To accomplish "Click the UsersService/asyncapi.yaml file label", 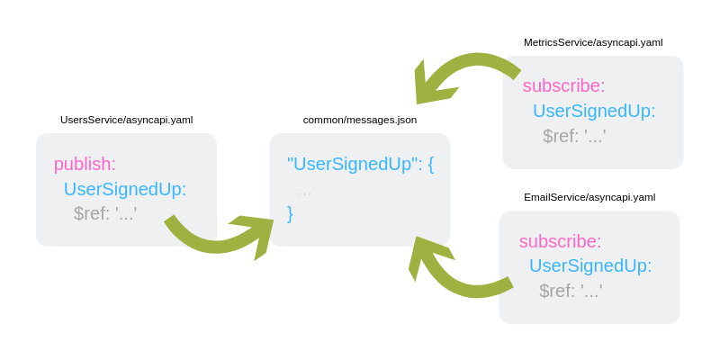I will [x=126, y=120].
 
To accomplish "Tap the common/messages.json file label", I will [x=359, y=120].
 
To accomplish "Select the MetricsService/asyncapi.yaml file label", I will [x=593, y=42].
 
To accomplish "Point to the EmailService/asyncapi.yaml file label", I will [x=589, y=197].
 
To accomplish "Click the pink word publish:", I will [x=85, y=164].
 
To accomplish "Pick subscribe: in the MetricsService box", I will [x=563, y=85].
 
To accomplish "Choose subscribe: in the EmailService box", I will [x=560, y=241].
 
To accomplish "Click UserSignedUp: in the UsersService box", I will [x=125, y=189].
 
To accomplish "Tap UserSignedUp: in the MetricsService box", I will [x=594, y=111].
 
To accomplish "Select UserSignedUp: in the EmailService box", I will [x=590, y=265].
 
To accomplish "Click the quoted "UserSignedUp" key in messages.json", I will [x=350, y=164].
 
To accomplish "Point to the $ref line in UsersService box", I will [x=105, y=214].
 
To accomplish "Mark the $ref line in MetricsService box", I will [x=574, y=136].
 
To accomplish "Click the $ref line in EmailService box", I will [x=571, y=291].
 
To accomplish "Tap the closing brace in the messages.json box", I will [x=290, y=213].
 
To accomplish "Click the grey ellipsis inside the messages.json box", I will [x=304, y=191].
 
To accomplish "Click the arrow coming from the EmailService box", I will [x=454, y=270].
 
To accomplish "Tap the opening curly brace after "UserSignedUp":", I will [x=430, y=164].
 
